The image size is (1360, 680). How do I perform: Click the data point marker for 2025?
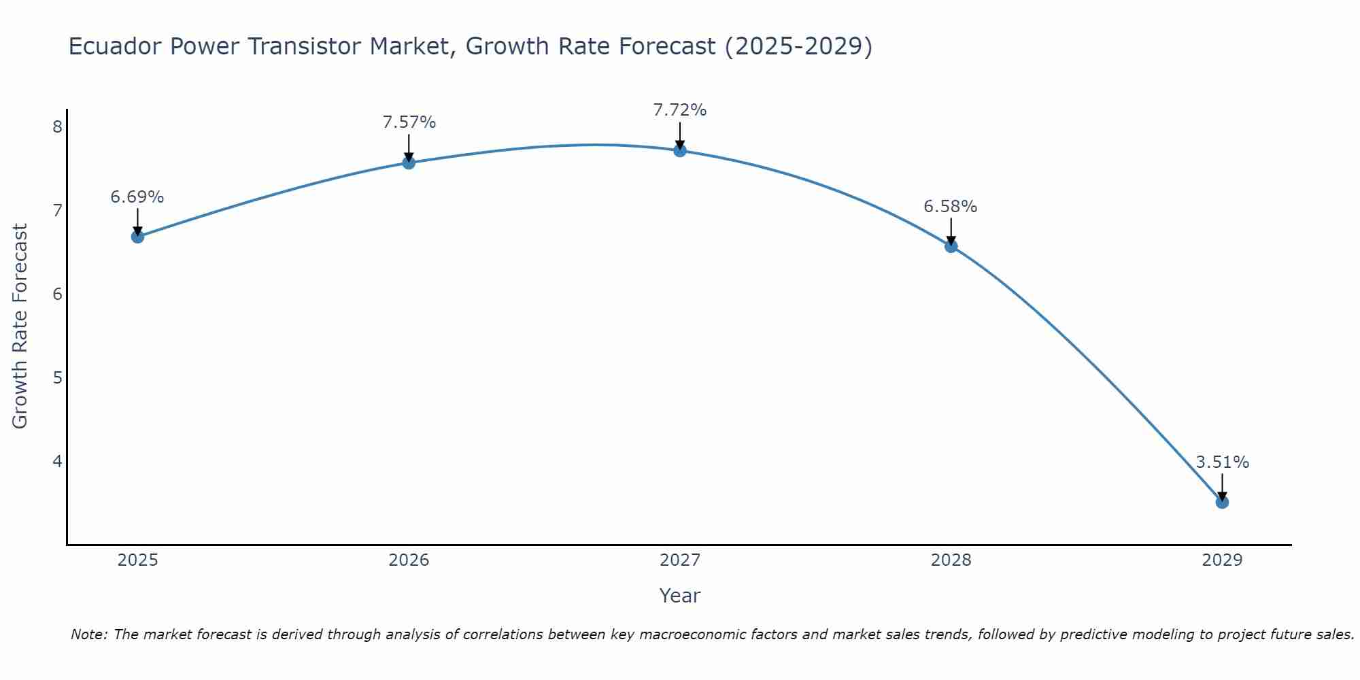[137, 237]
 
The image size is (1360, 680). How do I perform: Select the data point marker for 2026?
[409, 163]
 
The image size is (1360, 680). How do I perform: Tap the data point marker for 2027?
[680, 150]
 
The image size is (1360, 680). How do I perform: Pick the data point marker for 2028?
[951, 246]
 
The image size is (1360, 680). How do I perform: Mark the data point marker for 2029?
[1222, 503]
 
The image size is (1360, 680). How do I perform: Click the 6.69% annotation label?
[137, 197]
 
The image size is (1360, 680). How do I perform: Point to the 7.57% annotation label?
[409, 122]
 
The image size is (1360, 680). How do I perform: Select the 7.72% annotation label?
[680, 110]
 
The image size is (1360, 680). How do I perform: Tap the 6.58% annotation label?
[951, 207]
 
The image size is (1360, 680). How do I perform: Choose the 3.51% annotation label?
[1222, 462]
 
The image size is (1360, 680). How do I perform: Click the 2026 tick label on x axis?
[409, 560]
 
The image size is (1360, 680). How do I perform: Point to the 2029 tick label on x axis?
[1222, 560]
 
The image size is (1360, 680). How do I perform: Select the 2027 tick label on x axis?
[680, 560]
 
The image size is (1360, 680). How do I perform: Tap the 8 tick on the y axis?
[57, 127]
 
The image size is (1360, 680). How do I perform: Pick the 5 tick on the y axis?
[57, 377]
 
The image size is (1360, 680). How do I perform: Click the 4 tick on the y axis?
[57, 461]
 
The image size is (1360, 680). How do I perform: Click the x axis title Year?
[680, 596]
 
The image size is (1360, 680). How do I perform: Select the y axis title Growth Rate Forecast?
[20, 326]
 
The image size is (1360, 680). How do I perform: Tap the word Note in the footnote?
[89, 634]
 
